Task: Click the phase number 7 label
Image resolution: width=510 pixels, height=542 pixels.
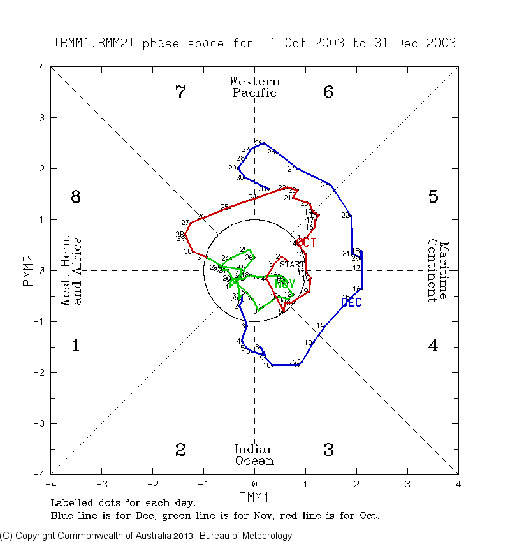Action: tap(180, 92)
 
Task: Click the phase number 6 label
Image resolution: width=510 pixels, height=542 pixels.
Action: tap(328, 92)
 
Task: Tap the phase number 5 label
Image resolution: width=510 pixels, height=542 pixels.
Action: tap(433, 197)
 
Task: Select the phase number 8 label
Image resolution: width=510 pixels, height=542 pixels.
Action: tap(75, 197)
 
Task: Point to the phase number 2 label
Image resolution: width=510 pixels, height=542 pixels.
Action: tap(180, 450)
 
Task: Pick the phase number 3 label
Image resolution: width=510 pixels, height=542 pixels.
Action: tap(328, 450)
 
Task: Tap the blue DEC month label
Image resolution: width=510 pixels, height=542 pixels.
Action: tap(351, 303)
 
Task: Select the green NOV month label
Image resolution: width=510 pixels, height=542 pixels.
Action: tap(284, 284)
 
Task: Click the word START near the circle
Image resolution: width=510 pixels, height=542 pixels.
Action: tap(292, 264)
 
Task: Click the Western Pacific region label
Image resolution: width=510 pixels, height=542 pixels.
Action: tap(254, 87)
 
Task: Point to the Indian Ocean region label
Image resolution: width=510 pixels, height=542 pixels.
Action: tap(254, 455)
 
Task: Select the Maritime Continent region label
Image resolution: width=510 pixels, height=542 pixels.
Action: tap(438, 271)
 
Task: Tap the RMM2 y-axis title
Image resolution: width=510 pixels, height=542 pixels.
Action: tap(28, 270)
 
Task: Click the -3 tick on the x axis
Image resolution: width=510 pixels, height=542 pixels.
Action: tap(102, 483)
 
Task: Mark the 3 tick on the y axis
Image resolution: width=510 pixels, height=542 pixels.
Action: tap(41, 118)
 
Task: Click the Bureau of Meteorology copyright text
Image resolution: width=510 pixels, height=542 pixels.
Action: tap(147, 536)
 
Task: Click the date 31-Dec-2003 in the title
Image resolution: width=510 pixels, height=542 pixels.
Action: tap(415, 43)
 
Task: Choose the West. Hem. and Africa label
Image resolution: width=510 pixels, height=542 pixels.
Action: tap(71, 271)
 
